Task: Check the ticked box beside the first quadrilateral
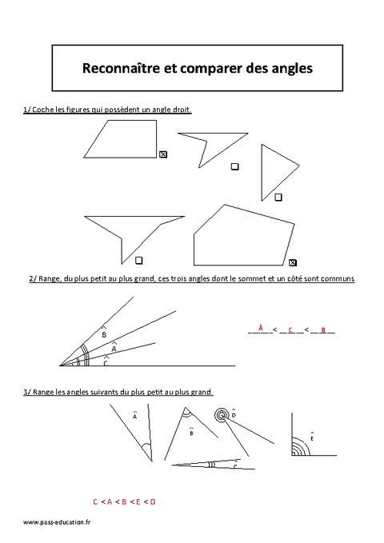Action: click(x=163, y=155)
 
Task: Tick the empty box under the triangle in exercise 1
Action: click(x=278, y=197)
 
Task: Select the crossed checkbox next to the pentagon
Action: click(x=293, y=262)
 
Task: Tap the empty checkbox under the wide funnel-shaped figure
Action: click(x=139, y=260)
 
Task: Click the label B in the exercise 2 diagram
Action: click(x=104, y=333)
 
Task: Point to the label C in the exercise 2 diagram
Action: click(x=106, y=363)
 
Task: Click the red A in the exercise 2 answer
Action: click(x=261, y=328)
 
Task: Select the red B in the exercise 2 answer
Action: click(x=323, y=329)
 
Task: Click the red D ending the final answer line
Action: click(x=153, y=501)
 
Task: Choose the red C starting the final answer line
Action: click(x=95, y=501)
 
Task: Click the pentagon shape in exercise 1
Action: click(x=240, y=234)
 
